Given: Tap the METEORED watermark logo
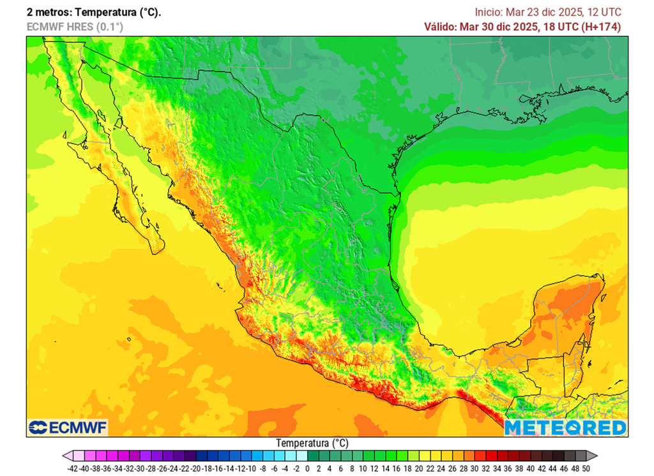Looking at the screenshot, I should (565, 427).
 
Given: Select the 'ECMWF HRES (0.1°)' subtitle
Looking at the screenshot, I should (75, 27).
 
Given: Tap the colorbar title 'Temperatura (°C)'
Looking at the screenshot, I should (312, 442).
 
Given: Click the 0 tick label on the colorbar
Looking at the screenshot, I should (307, 468).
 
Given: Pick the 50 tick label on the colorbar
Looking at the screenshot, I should (586, 468).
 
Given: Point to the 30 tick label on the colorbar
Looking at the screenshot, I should (475, 468).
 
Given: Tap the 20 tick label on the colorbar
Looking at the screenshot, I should (419, 468).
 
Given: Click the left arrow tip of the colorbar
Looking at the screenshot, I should (65, 456).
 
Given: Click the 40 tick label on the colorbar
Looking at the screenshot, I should (531, 468).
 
